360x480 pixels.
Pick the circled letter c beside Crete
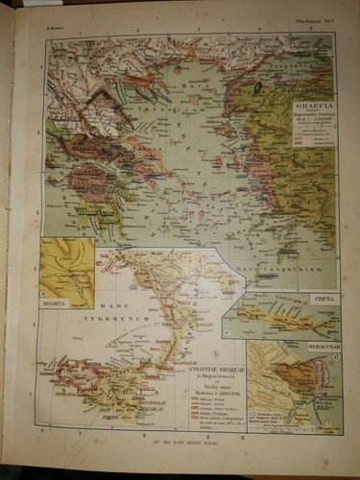point(228,331)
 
